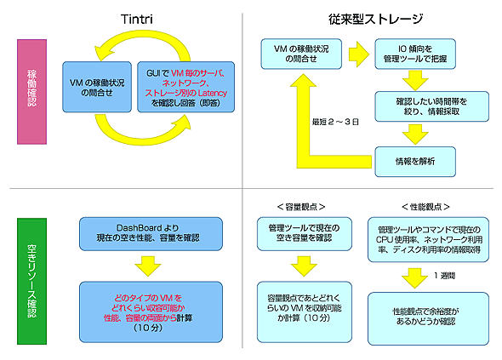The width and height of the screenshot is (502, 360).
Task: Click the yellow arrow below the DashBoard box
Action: pos(139,266)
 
